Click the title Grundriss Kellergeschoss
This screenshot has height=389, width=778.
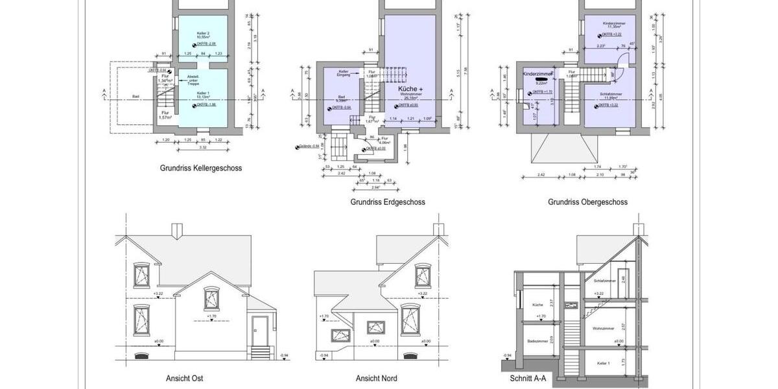[201, 168]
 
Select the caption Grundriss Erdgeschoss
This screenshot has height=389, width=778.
[388, 202]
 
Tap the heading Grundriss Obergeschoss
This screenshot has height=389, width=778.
[587, 202]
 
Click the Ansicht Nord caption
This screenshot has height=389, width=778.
[376, 378]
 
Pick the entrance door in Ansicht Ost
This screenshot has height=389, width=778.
[260, 331]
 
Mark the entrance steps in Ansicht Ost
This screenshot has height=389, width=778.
[260, 353]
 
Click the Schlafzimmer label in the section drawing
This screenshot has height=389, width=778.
[604, 281]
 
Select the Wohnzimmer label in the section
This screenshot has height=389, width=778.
[603, 329]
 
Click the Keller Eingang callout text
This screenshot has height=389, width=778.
[344, 73]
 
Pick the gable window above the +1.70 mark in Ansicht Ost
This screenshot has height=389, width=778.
[211, 299]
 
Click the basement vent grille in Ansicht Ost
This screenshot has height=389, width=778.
[141, 355]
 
